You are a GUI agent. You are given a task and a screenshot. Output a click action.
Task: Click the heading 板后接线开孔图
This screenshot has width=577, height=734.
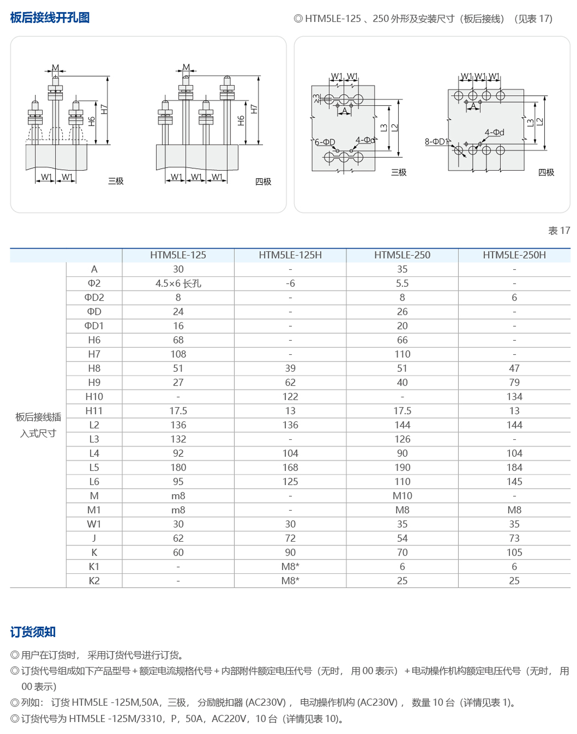coord(50,17)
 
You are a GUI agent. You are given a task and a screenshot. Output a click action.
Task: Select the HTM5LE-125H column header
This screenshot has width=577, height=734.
coord(290,255)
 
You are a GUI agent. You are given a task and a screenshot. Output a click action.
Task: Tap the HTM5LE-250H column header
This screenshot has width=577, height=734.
coord(514,255)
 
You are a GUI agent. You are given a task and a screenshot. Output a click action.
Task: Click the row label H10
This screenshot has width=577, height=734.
coord(94,397)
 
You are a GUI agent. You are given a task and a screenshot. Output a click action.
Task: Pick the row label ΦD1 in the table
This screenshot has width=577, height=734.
coord(94,326)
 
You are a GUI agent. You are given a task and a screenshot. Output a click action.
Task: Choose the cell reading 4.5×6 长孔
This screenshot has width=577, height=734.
coord(178,284)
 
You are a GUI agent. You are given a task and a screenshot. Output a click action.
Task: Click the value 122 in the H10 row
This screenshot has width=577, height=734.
coord(290,397)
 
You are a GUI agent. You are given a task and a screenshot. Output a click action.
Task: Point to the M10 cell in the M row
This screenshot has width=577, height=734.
coord(402,496)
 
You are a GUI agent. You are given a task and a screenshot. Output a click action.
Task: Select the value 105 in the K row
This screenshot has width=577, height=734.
coord(514,552)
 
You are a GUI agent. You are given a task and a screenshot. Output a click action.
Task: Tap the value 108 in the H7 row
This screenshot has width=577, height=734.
coord(178,354)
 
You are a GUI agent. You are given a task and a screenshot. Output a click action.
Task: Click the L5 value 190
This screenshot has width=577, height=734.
coord(402,467)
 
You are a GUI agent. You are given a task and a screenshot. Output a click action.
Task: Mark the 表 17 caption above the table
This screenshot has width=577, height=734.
coord(559,231)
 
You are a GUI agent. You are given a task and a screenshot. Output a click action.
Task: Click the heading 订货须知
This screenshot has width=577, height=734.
coord(33,632)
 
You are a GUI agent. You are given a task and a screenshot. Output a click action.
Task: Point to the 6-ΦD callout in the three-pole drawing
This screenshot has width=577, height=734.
coord(325,142)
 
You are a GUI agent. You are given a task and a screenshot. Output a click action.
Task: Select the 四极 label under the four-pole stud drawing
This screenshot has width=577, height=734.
coord(263,182)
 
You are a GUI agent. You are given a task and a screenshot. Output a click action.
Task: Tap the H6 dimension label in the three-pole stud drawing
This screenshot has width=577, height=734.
coord(92,121)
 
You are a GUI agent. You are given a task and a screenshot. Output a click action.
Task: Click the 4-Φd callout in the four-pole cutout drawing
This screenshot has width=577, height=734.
coord(494,132)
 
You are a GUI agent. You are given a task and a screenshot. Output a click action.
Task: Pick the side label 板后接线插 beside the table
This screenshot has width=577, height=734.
coord(38,417)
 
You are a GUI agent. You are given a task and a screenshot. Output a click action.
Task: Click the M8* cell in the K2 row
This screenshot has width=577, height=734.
coord(290,581)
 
